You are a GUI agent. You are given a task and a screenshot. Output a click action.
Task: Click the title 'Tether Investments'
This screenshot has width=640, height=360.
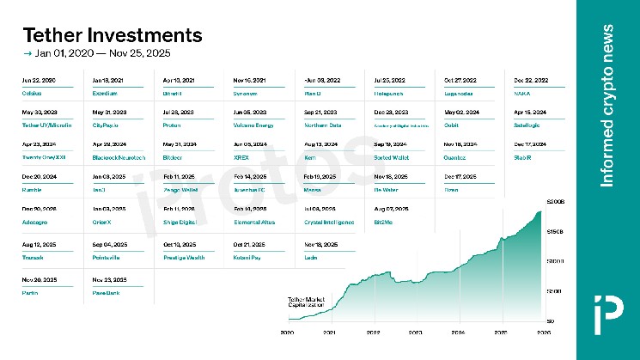click(112, 35)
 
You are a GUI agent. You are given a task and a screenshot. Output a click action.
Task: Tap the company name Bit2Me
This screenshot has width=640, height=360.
click(384, 222)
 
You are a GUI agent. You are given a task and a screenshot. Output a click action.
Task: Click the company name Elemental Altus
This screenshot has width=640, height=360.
click(254, 222)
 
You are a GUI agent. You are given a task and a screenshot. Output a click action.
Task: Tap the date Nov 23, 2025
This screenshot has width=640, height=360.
click(107, 280)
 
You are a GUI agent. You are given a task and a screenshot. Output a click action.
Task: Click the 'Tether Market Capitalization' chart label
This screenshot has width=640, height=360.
click(307, 302)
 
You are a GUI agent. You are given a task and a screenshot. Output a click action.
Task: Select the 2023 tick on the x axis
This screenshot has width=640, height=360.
click(414, 331)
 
